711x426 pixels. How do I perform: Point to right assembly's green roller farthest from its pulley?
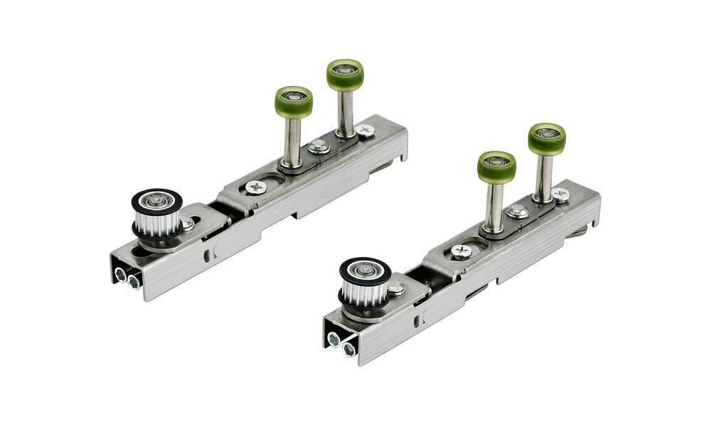(x=547, y=138)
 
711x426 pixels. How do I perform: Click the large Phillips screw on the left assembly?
(x=255, y=187)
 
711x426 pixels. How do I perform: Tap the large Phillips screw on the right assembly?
(x=461, y=251)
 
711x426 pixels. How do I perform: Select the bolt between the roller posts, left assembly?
(x=318, y=147)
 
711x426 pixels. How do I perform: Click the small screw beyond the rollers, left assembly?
(x=365, y=131)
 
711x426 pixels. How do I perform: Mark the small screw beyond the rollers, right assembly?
(x=561, y=194)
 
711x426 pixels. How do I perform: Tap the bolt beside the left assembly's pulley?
(x=187, y=224)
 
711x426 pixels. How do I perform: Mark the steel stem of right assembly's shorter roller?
(x=493, y=204)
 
